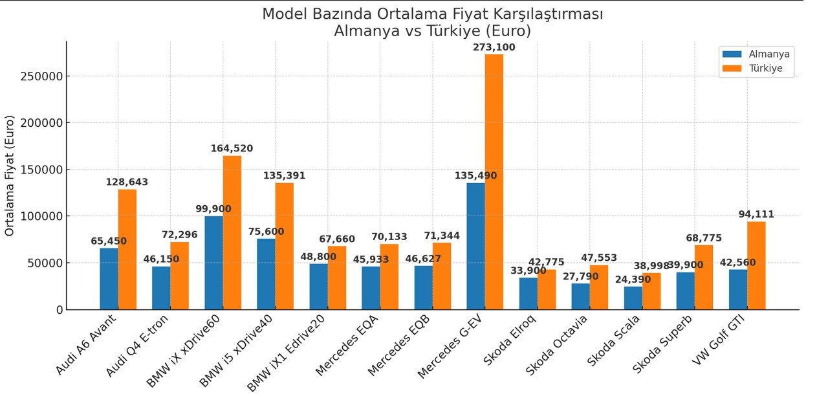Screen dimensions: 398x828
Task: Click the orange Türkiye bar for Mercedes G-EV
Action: coord(494,182)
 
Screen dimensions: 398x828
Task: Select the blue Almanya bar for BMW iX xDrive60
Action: coord(213,263)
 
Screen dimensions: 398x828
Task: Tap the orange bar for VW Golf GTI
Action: coord(756,265)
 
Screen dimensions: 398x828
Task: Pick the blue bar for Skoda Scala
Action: coord(633,298)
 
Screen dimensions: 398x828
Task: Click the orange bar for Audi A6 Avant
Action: coord(127,249)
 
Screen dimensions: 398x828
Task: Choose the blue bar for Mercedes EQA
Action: coord(371,288)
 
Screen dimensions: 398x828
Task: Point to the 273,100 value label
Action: coord(494,48)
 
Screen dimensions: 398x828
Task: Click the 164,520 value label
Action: coord(232,149)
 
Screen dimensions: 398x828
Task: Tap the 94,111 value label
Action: coord(756,215)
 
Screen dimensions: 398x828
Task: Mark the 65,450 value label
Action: coord(109,241)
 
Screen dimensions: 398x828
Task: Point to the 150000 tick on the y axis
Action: coord(44,170)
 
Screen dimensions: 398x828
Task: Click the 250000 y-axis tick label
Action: coord(44,76)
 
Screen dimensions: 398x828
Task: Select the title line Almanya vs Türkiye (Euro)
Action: coord(432,30)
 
